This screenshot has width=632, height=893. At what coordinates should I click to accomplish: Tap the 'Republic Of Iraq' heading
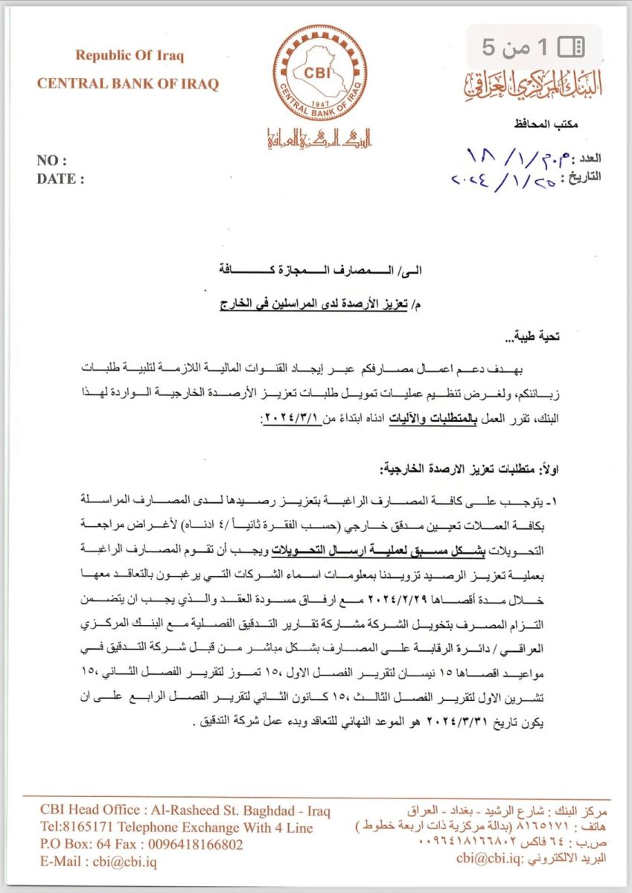click(129, 56)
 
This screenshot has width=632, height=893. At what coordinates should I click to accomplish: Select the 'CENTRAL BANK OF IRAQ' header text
click(128, 84)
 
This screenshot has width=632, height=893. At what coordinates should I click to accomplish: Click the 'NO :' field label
click(51, 161)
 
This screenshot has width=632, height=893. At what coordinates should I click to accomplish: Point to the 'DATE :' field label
click(60, 179)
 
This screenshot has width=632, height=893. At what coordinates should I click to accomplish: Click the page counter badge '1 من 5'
click(534, 48)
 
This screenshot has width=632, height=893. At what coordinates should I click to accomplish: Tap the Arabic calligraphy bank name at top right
click(533, 89)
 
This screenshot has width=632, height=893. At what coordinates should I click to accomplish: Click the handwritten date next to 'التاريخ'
click(505, 179)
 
